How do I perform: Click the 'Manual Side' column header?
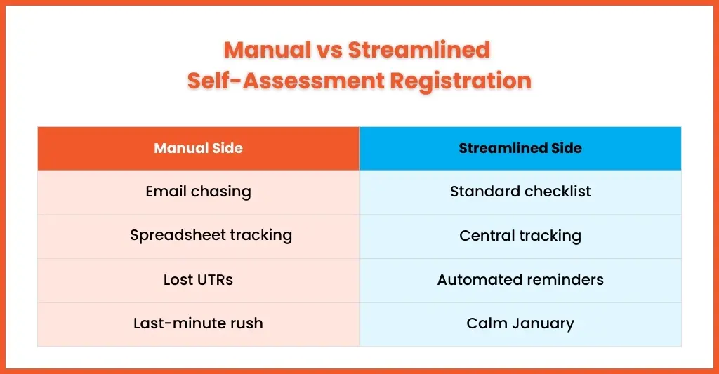199,148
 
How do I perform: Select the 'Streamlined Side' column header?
520,148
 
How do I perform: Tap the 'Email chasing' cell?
199,192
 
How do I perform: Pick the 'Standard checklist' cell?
520,192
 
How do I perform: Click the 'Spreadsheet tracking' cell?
199,236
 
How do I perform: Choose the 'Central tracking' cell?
520,236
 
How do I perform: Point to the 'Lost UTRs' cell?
199,280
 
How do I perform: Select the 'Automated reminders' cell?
520,280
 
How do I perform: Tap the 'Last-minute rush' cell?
199,324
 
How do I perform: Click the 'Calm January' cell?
520,324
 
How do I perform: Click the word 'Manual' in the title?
268,50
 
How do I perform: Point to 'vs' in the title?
330,51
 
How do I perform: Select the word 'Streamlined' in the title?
419,50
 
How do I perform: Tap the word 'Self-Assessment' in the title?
286,81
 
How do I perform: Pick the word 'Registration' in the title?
461,81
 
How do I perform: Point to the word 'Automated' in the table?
472,279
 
